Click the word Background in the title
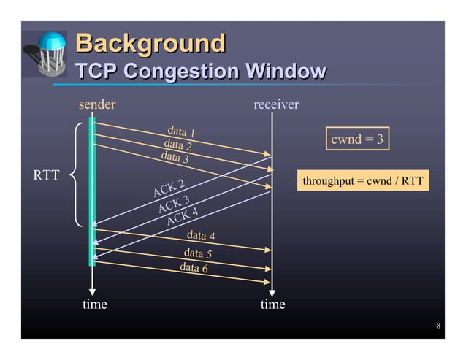tap(150, 44)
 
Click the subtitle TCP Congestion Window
tap(201, 72)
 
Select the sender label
tap(97, 104)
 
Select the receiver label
tap(275, 104)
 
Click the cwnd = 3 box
tap(357, 139)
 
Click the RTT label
tap(48, 175)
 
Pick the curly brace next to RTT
tap(77, 175)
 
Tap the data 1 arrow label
tap(181, 132)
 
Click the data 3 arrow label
tap(175, 157)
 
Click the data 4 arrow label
tap(201, 236)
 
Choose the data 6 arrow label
tap(194, 268)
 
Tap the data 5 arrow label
tap(197, 253)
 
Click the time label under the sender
tap(94, 304)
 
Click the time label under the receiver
tap(272, 304)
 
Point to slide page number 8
tap(438, 326)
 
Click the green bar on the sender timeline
tap(92, 190)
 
